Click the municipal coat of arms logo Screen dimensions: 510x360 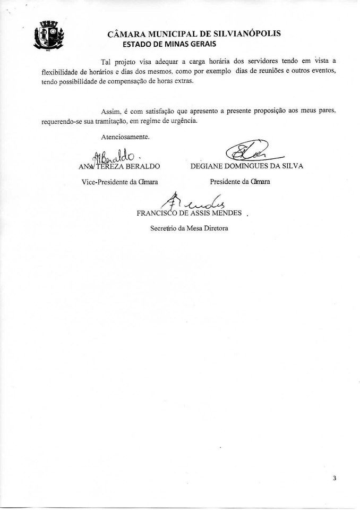49,36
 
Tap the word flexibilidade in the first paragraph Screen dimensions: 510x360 60,71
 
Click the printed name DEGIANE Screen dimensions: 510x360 209,167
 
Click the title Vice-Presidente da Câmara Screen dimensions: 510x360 120,182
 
